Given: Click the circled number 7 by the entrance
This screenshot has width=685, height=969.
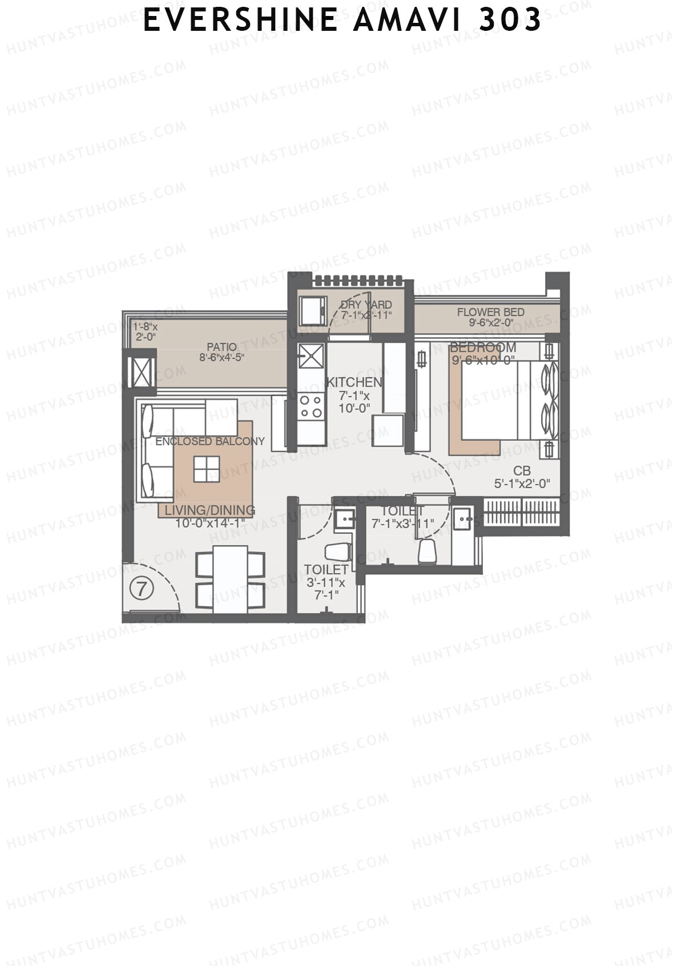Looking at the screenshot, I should click(142, 588).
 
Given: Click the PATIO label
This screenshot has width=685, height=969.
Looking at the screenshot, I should click(221, 347).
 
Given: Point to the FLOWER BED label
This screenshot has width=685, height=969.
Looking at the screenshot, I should click(490, 312).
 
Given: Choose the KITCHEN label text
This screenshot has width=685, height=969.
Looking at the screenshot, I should click(353, 382).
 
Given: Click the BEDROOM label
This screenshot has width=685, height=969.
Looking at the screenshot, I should click(483, 347).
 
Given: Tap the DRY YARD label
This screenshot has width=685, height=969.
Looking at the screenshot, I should click(366, 305).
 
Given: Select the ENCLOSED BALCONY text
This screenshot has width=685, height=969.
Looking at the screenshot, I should click(210, 441).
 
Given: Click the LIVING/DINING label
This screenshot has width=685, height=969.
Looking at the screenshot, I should click(210, 510).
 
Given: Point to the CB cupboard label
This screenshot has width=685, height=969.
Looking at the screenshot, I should click(522, 471).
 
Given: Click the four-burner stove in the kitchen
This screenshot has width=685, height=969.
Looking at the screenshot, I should click(311, 406).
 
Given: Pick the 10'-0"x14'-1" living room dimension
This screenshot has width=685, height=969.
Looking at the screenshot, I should click(210, 522).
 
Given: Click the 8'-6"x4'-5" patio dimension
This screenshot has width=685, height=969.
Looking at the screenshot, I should click(221, 358).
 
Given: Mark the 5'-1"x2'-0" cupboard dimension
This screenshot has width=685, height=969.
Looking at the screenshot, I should click(522, 483).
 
